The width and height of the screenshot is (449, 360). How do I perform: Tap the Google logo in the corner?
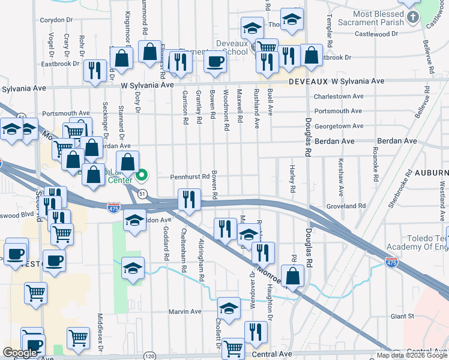pyautogui.click(x=20, y=353)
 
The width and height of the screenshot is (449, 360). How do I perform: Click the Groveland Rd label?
pyautogui.click(x=346, y=206)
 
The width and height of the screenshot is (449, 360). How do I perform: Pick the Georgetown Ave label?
pyautogui.click(x=339, y=126)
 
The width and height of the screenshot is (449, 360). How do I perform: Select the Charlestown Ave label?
pyautogui.click(x=339, y=96)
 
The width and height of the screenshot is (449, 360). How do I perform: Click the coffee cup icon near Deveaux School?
pyautogui.click(x=214, y=62)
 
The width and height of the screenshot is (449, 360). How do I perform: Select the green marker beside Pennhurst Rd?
pyautogui.click(x=142, y=176)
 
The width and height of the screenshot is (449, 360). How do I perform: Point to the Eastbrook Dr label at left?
pyautogui.click(x=60, y=63)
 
